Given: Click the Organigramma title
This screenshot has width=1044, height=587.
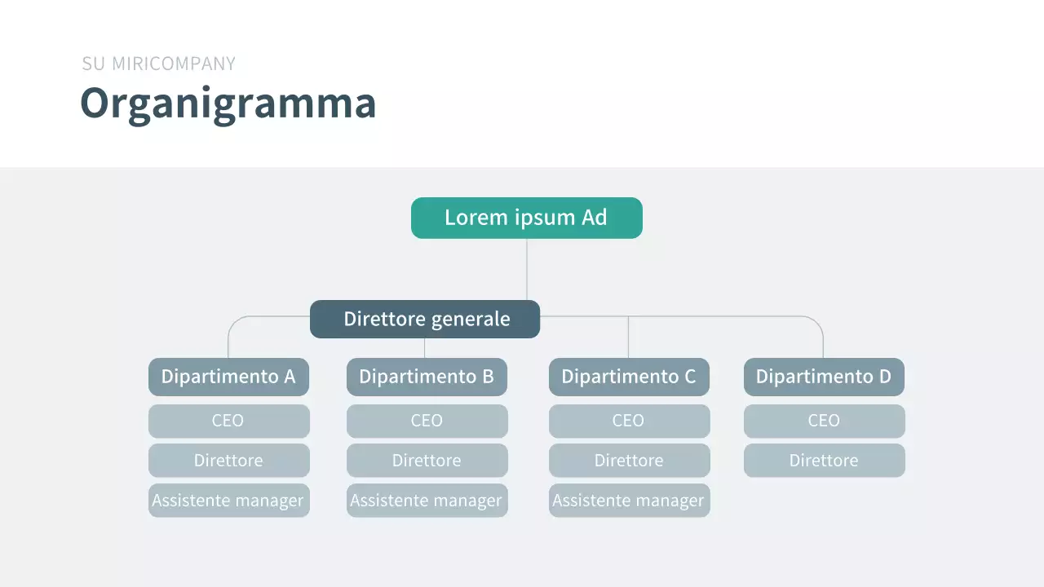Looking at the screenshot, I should click(x=228, y=104).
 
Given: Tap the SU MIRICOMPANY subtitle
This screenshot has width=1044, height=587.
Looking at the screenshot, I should click(x=158, y=64).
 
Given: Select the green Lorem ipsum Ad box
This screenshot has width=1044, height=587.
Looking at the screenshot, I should click(x=526, y=218).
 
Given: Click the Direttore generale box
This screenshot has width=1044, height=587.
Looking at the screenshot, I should click(x=425, y=319).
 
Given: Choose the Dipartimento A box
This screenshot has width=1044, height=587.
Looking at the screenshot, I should click(x=228, y=377).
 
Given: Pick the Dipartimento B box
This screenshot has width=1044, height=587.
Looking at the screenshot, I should click(x=427, y=377).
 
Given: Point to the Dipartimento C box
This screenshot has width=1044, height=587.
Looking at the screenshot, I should click(x=629, y=377).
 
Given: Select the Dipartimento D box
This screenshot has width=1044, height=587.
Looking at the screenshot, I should click(x=824, y=377).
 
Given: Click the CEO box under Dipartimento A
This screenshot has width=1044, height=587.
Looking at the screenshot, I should click(x=228, y=421).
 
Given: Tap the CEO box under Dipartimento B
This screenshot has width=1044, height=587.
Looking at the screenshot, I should click(x=427, y=421).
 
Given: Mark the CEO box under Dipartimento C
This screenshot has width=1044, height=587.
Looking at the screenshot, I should click(x=629, y=421).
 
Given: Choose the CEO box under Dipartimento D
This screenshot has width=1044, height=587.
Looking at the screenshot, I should click(x=824, y=421).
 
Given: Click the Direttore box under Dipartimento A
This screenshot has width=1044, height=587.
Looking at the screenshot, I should click(x=228, y=461).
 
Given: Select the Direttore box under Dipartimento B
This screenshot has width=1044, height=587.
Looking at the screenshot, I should click(x=427, y=461).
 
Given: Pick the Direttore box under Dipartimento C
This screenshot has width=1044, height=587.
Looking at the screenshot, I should click(x=629, y=461).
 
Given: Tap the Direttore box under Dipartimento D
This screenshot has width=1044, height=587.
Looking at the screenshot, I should click(x=824, y=461).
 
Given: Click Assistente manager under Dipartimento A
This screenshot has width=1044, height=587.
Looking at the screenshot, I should click(x=228, y=501).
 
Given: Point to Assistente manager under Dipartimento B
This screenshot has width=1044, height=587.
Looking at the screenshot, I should click(x=427, y=501).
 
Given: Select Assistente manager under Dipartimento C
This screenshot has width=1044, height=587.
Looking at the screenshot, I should click(x=629, y=501).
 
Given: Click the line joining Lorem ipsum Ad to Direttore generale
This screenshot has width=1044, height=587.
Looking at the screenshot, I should click(x=527, y=269).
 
